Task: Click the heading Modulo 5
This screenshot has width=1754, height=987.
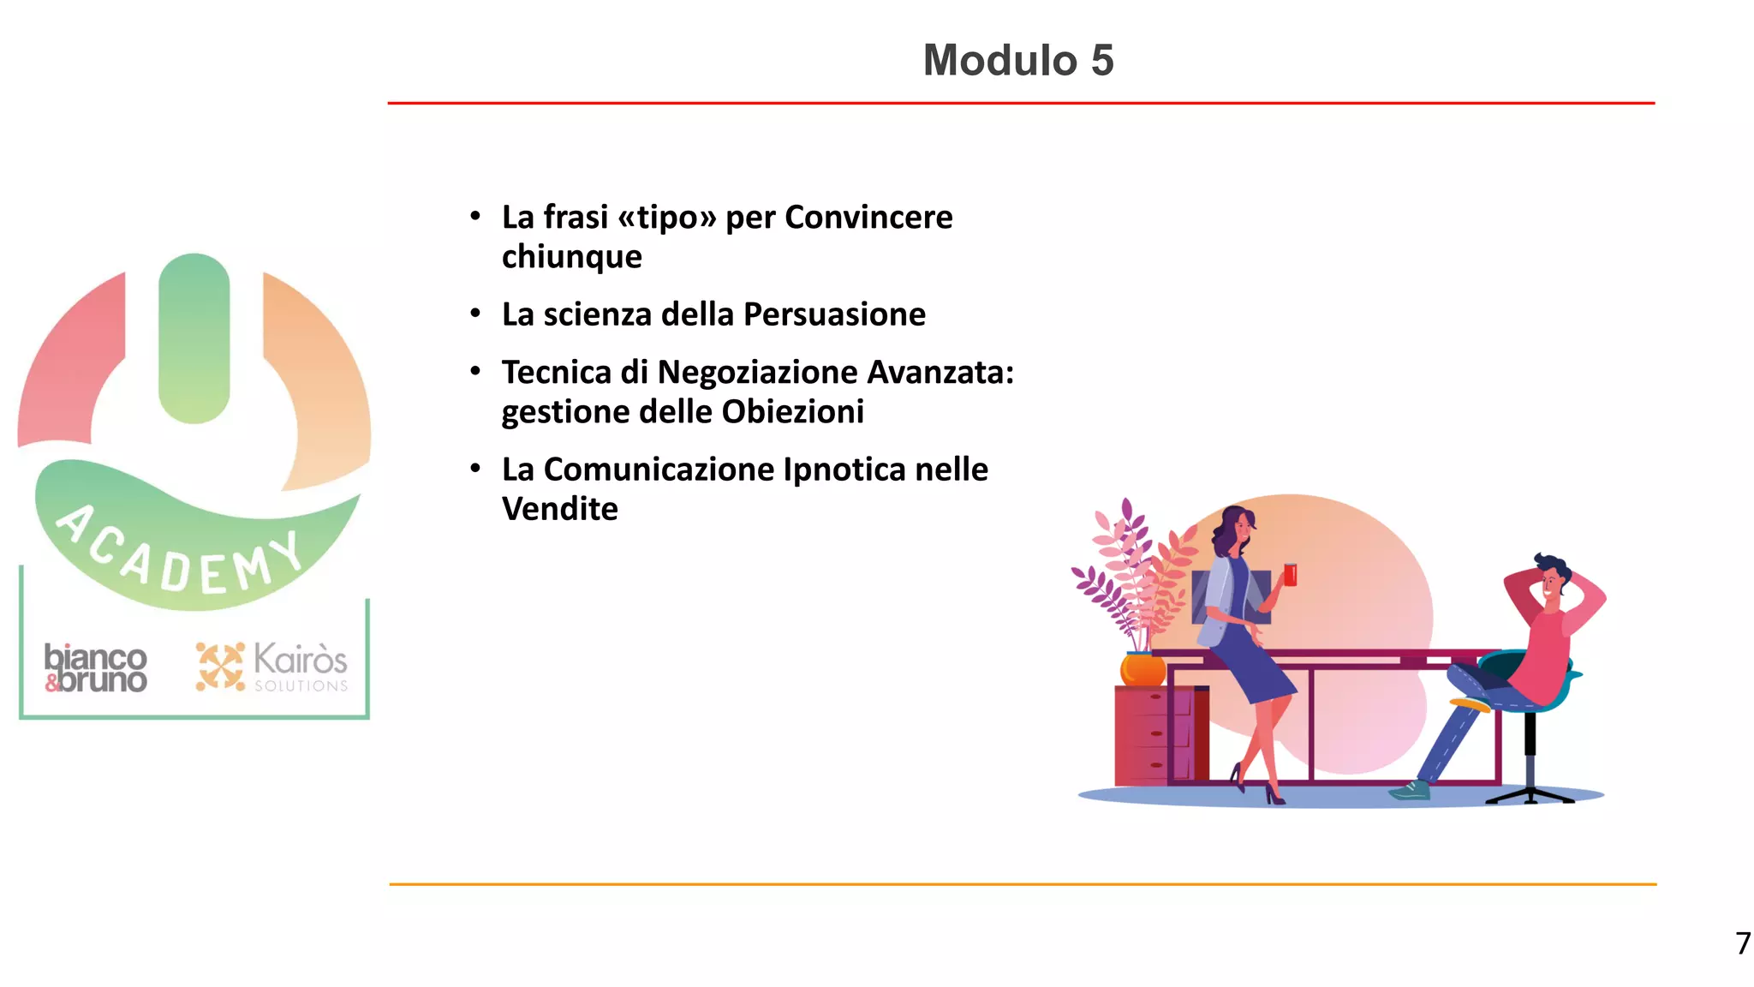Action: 1018,61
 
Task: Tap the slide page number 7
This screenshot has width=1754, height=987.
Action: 1743,943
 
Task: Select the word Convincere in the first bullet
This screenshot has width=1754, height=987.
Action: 868,218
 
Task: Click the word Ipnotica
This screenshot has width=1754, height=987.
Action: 844,470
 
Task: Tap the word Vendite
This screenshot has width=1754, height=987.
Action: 560,509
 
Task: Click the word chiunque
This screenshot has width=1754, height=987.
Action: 572,257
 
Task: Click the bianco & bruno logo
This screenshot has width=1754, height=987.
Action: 96,668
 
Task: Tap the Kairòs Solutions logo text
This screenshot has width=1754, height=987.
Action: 300,666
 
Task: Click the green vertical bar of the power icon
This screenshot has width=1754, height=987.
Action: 194,338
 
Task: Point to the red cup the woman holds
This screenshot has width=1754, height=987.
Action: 1290,574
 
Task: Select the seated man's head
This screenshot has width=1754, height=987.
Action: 1551,581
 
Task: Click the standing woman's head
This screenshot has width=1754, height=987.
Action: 1233,527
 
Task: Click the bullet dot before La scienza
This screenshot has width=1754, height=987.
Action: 475,314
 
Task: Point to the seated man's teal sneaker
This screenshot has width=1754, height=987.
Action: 1411,790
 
